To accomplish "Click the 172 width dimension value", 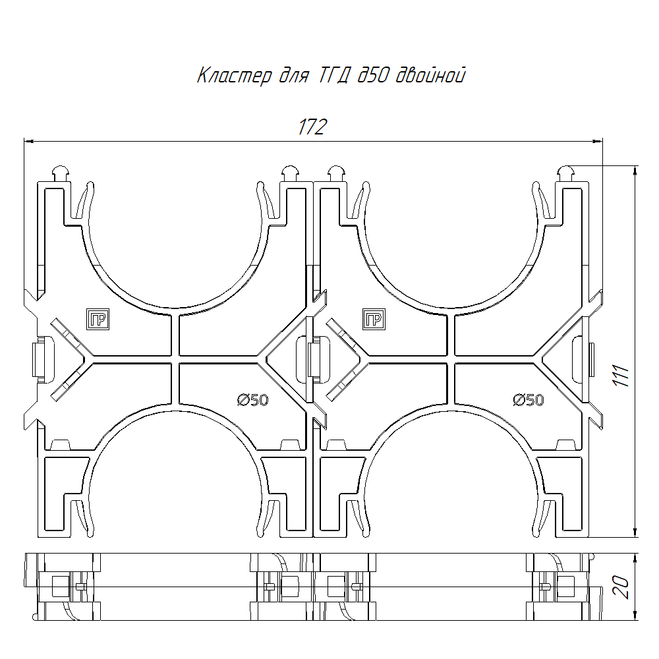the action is [312, 127].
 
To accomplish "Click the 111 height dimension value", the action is [621, 376].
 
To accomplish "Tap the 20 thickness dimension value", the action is [621, 587].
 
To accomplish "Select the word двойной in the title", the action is [431, 76].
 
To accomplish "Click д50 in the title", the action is [372, 76].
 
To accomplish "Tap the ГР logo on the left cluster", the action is [98, 319].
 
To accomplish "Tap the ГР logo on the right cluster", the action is [374, 319].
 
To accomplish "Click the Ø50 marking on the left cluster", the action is [252, 400].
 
